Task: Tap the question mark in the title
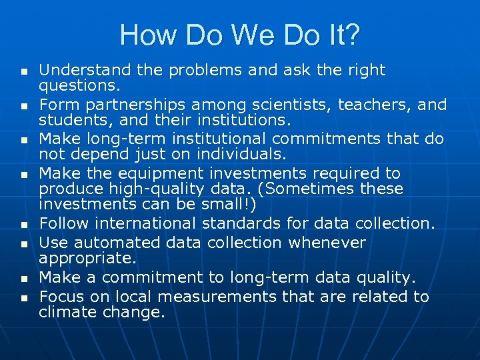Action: pyautogui.click(x=351, y=35)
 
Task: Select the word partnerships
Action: pyautogui.click(x=132, y=105)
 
